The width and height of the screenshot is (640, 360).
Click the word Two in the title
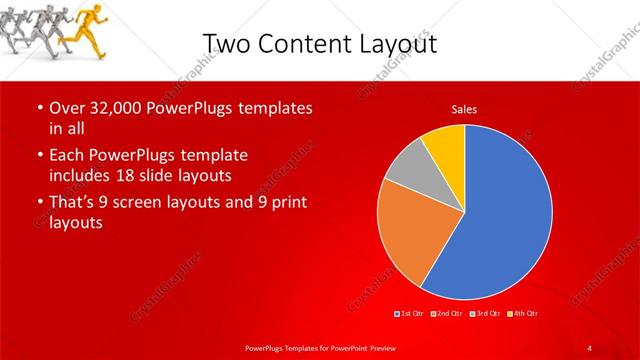pos(227,43)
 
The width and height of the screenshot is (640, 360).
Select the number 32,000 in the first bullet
pos(112,107)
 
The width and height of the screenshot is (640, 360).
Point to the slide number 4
pos(590,347)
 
